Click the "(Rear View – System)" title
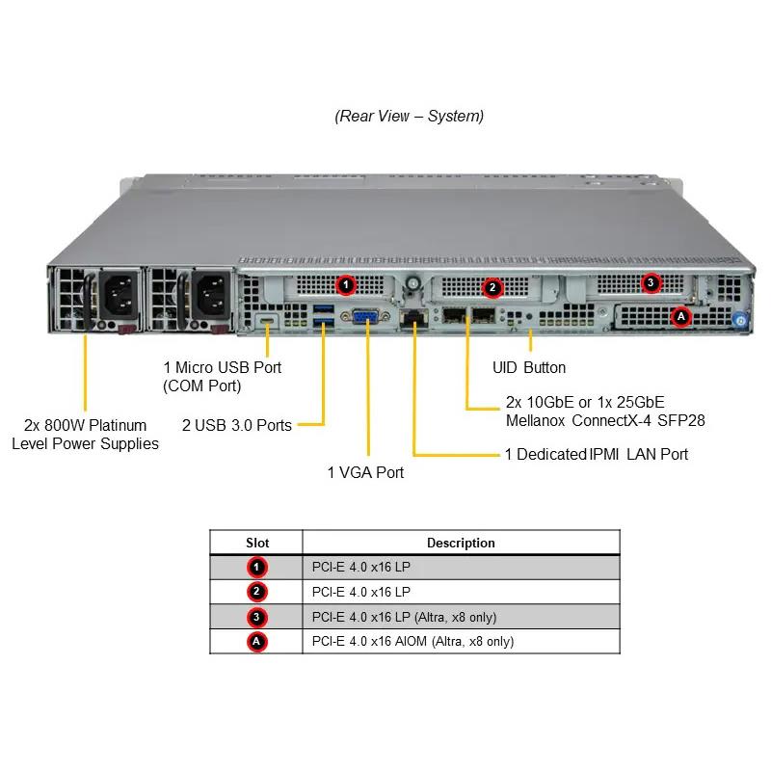(x=410, y=117)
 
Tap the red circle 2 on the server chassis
(x=492, y=286)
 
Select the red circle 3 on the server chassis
(x=651, y=283)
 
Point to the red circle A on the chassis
(x=681, y=315)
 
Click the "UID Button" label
(x=529, y=367)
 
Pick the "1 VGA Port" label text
(x=365, y=472)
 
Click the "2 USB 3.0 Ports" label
(x=237, y=425)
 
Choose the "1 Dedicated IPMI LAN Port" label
(x=597, y=454)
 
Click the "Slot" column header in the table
(x=257, y=543)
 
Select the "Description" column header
(x=461, y=543)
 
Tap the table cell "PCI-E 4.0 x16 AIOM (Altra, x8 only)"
(x=412, y=641)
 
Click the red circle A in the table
(x=257, y=641)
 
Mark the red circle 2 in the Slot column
(x=257, y=592)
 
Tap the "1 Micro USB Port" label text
(x=223, y=367)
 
